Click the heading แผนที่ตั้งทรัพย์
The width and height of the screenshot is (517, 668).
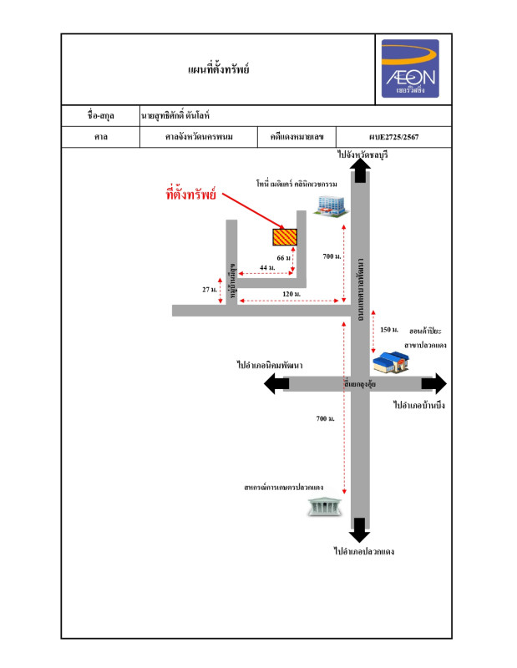point(220,69)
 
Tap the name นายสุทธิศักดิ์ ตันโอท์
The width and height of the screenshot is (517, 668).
point(180,116)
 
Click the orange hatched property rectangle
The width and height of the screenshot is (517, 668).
point(285,236)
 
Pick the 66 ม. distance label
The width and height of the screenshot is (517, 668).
point(283,258)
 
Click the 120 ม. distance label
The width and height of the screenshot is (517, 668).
point(291,294)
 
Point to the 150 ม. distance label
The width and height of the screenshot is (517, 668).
point(389,330)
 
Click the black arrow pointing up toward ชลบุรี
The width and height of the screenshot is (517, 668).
point(360,170)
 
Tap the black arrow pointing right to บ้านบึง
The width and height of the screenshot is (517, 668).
point(434,383)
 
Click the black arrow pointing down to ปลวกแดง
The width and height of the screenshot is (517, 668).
point(360,529)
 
